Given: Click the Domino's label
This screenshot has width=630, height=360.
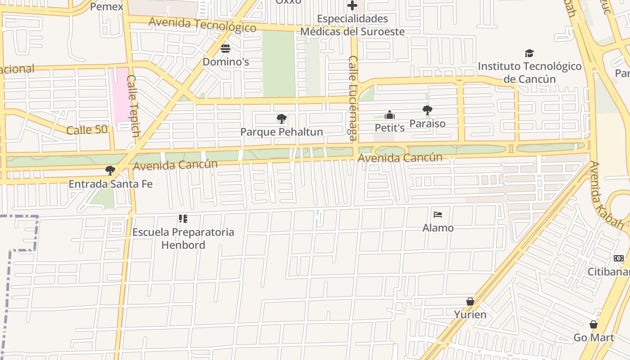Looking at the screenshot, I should click(x=225, y=62).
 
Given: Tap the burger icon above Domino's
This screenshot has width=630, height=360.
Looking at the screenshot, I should click(x=225, y=48).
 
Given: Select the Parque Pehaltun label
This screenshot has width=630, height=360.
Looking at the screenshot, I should click(x=282, y=132).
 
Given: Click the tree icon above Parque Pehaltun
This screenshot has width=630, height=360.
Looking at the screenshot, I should click(x=282, y=119).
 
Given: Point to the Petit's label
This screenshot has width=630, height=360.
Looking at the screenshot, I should click(x=390, y=128).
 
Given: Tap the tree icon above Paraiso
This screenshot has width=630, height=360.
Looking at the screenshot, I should click(x=427, y=110).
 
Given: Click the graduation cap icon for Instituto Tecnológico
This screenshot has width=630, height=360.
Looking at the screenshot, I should click(x=529, y=53).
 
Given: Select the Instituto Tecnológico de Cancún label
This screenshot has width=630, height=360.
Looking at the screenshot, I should click(x=530, y=72).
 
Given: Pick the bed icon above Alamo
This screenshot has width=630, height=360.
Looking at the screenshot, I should click(x=438, y=215).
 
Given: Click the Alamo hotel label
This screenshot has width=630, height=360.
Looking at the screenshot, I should click(x=438, y=228).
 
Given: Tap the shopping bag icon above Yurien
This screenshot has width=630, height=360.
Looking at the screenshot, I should click(x=470, y=301).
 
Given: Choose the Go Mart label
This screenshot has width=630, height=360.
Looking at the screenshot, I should click(x=594, y=337).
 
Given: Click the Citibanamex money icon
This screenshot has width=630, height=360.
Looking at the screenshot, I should click(x=619, y=258).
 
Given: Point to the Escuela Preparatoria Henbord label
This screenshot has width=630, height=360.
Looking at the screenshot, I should click(x=183, y=238).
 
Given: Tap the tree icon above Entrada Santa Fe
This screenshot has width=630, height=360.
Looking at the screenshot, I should click(x=110, y=171).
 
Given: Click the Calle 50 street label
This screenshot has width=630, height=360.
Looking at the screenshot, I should click(x=87, y=130).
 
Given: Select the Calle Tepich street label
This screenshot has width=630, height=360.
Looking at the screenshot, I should click(x=133, y=106).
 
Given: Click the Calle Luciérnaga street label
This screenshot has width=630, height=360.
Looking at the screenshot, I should click(x=353, y=98).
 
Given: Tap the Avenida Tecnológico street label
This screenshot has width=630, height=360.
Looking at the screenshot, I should click(x=202, y=25).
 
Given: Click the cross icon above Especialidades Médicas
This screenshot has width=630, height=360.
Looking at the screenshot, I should click(x=352, y=6).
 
